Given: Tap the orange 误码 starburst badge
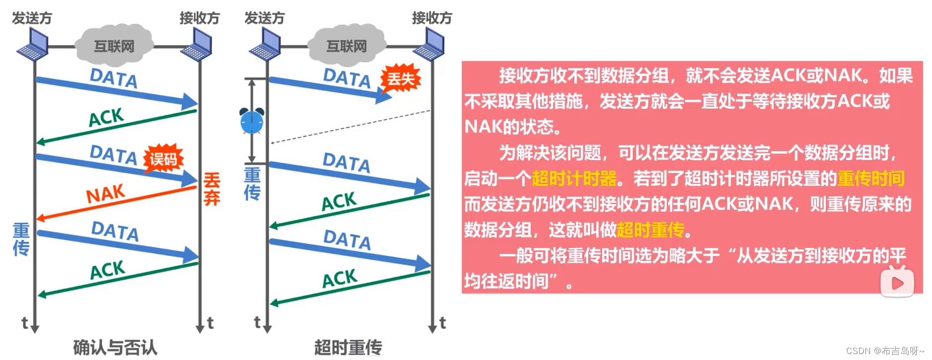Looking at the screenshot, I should [163, 159].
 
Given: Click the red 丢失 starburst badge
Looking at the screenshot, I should [400, 78].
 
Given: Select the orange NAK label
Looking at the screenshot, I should [105, 193].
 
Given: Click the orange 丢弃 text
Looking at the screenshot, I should [212, 189].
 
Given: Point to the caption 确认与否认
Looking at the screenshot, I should [115, 347].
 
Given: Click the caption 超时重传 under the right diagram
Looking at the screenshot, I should [348, 347].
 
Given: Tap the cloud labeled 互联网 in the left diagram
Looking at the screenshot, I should [114, 46].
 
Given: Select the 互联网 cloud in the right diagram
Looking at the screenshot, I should [346, 46].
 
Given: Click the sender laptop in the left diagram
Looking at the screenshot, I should [33, 44].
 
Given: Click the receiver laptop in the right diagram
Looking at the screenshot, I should [430, 44].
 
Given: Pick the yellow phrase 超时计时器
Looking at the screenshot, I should [574, 179].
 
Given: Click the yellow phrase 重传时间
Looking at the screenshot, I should [870, 179].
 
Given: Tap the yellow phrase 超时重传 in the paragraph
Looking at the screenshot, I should [650, 230].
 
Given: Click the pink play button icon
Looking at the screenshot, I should [897, 282].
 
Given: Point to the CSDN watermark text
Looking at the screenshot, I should [885, 351].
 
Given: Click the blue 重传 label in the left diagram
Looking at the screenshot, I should [21, 239].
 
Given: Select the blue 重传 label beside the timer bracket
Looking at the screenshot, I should [252, 183].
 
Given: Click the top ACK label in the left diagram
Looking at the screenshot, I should [106, 118].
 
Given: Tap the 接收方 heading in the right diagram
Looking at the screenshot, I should [432, 18].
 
